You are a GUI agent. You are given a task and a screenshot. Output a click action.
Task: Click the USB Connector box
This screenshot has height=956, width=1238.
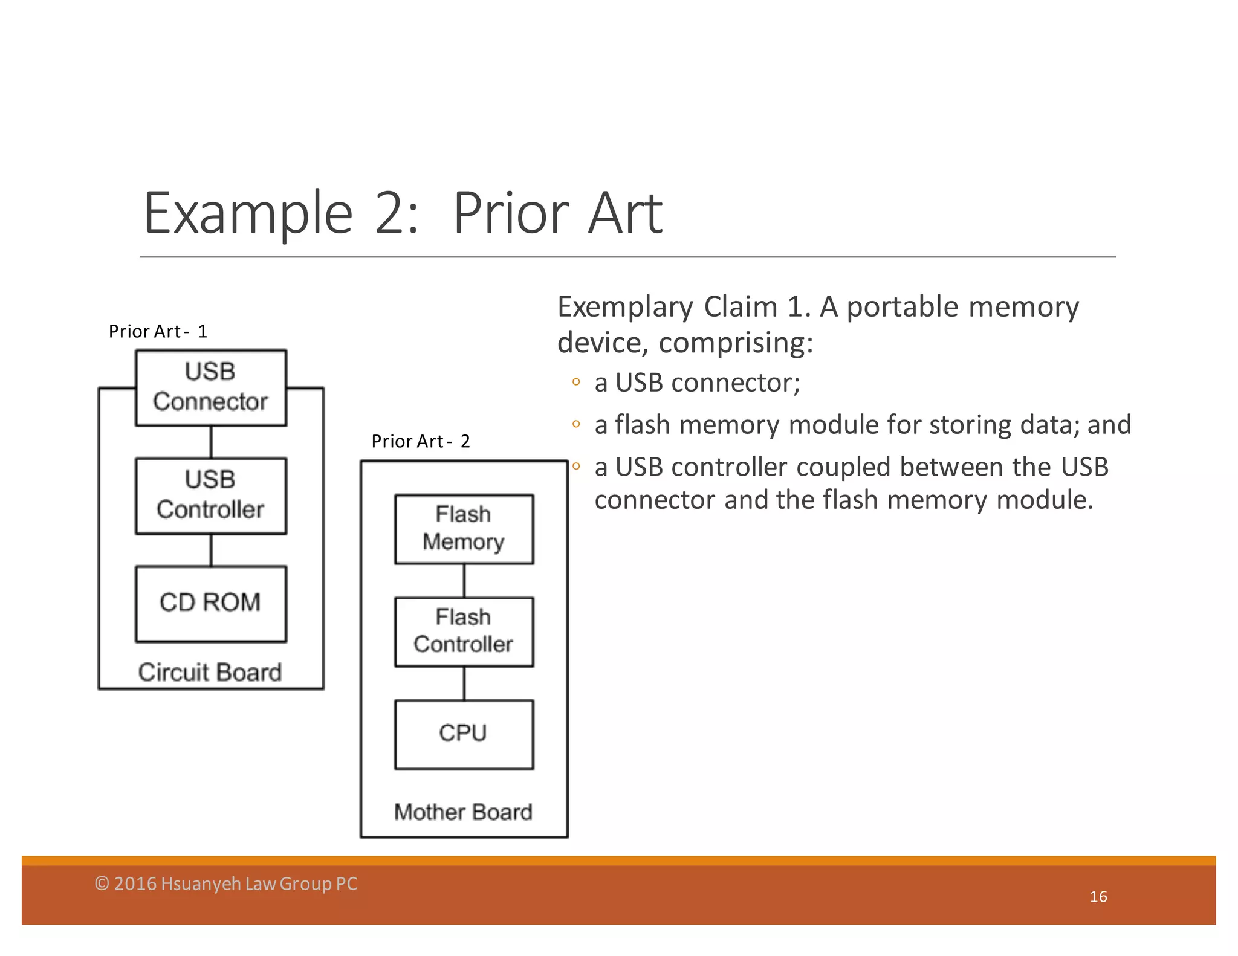[210, 387]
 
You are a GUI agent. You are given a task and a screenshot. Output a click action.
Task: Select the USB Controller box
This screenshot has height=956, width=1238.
[210, 496]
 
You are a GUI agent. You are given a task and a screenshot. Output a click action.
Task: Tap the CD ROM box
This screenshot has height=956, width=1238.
[210, 603]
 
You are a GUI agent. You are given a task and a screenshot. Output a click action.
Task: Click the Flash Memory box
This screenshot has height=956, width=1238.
[464, 529]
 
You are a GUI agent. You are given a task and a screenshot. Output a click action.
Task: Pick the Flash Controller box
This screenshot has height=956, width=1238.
[464, 631]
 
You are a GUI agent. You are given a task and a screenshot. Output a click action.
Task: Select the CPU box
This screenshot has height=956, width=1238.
[464, 734]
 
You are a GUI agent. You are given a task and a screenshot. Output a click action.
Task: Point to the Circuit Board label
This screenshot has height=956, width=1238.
[210, 672]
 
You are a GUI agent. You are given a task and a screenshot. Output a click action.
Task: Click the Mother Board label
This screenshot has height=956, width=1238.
[463, 812]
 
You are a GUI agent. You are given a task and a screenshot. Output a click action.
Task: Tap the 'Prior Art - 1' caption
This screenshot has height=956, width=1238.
[158, 331]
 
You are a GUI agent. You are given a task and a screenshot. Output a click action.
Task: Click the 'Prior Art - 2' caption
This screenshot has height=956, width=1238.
[421, 441]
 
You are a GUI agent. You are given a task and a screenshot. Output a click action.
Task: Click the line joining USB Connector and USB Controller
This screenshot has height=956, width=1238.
[211, 442]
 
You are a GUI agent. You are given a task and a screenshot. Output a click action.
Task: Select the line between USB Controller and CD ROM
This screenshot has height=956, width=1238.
[211, 550]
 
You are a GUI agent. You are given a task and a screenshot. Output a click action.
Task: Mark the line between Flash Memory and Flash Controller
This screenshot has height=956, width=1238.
[464, 581]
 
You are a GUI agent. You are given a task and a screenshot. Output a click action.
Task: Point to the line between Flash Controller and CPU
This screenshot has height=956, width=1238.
[464, 683]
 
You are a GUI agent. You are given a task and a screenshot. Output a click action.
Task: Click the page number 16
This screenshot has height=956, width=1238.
[1098, 896]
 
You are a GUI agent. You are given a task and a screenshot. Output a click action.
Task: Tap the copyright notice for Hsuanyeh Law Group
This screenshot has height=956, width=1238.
[226, 883]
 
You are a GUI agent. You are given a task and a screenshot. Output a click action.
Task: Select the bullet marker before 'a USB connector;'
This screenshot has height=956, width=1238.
[576, 382]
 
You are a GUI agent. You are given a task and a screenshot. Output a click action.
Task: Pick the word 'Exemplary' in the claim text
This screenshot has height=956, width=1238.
[625, 307]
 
